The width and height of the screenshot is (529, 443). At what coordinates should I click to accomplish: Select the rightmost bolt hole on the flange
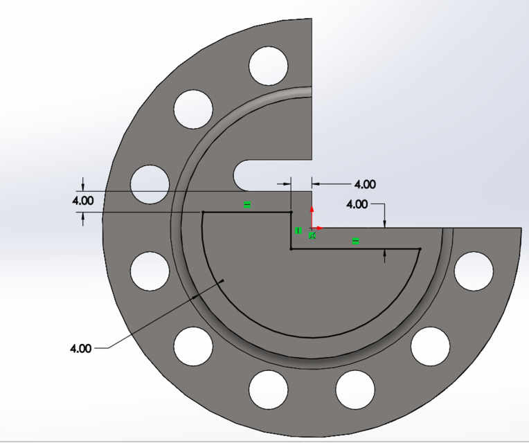pos(473,270)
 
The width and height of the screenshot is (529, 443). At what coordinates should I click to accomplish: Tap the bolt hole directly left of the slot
pos(150,184)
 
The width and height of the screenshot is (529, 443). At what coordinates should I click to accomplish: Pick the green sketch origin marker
pos(312,235)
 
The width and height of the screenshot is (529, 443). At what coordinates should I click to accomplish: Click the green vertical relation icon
pos(298,230)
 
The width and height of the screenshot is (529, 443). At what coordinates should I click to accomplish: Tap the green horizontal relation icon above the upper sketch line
pos(246,204)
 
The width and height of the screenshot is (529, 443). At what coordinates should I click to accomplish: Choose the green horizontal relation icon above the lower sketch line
pos(355,241)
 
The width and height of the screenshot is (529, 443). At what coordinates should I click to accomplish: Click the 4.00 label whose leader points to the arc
pos(80,348)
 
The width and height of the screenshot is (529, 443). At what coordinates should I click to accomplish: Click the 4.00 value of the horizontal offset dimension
pos(365,184)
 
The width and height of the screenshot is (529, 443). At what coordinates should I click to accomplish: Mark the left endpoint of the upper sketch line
pos(202,212)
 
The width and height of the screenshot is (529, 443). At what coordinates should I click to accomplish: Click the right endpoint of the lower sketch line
pos(420,248)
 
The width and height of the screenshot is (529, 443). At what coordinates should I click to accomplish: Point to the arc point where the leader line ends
pos(222,280)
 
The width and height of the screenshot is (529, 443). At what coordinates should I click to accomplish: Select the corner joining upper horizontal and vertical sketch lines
pos(291,212)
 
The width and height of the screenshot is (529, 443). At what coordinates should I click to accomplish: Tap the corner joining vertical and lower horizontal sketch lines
pos(291,248)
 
